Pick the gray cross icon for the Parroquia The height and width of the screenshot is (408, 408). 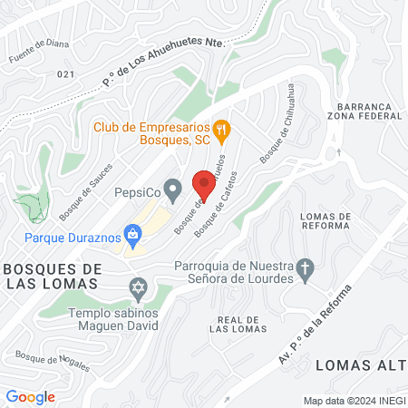pyautogui.click(x=306, y=268)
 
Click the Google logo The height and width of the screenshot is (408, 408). pyautogui.click(x=30, y=396)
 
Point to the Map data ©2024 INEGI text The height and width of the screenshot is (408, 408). pyautogui.click(x=355, y=401)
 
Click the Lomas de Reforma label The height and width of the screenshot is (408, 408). pyautogui.click(x=324, y=221)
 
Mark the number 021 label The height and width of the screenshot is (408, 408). pyautogui.click(x=64, y=74)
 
